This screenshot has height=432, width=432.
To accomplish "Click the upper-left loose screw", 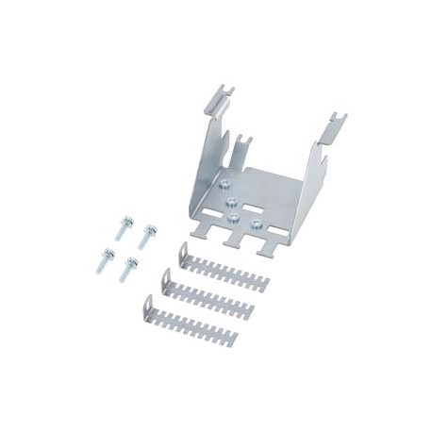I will pyautogui.click(x=123, y=227).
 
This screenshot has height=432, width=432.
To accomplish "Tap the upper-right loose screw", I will pyautogui.click(x=147, y=236).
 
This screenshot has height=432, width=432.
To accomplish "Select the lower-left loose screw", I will pyautogui.click(x=105, y=261).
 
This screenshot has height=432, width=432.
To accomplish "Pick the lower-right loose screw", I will pyautogui.click(x=128, y=268).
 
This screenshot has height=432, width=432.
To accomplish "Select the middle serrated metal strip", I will pyautogui.click(x=208, y=296).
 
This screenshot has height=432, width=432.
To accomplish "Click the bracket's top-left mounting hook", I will pyautogui.click(x=218, y=100).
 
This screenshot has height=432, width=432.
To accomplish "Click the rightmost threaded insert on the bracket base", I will pyautogui.click(x=256, y=224).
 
